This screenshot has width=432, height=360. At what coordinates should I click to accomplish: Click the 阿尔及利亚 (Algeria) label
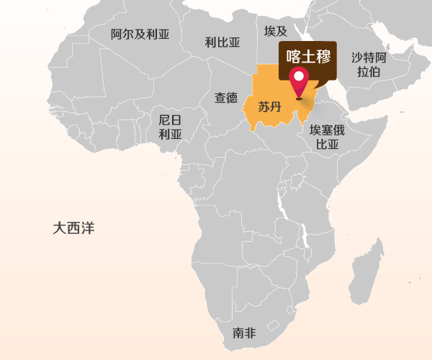click(x=140, y=33)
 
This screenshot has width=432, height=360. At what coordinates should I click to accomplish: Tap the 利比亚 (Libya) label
click(x=222, y=42)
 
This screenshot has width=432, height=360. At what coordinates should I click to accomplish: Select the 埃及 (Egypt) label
click(x=276, y=31)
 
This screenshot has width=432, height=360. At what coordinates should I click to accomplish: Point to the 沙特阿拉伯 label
click(x=369, y=64)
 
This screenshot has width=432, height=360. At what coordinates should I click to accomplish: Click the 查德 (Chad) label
click(x=226, y=97)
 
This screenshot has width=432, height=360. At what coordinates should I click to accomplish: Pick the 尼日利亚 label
click(x=171, y=127)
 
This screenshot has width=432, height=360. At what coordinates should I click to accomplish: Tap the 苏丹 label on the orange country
click(x=269, y=107)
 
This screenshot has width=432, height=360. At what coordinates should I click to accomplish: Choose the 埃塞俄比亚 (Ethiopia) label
click(x=327, y=137)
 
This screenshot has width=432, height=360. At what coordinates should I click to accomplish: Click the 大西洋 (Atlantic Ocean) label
click(x=73, y=228)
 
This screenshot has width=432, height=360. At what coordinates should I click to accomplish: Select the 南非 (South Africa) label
click(x=244, y=333)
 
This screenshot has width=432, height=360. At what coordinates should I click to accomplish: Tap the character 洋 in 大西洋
click(x=88, y=228)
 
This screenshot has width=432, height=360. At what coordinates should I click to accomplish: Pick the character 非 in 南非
click(x=250, y=333)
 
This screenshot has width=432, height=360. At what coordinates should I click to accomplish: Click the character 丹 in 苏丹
click(x=275, y=107)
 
